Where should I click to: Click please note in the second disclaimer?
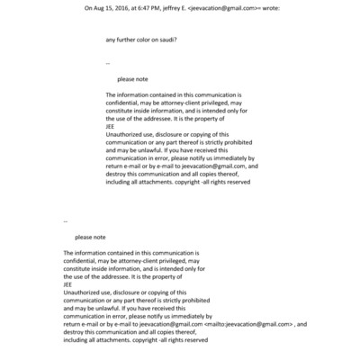(x=90, y=237)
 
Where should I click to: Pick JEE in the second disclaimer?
(x=68, y=284)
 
